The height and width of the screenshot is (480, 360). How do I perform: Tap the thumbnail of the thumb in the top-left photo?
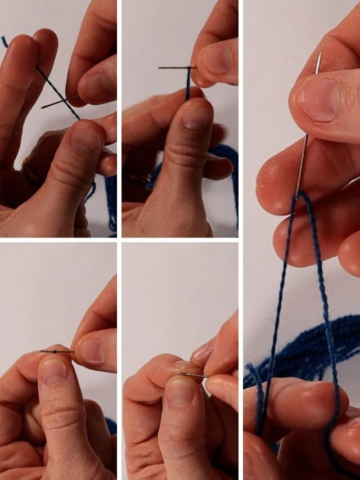coord(84,138)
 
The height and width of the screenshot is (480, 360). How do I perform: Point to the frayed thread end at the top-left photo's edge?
coord(4,41)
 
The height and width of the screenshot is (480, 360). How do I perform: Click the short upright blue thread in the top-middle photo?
coord(188,84)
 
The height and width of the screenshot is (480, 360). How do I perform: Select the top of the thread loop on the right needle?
coord(301,194)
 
